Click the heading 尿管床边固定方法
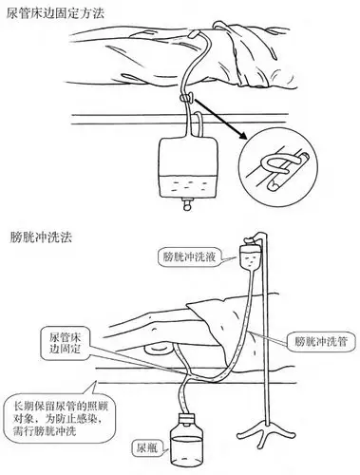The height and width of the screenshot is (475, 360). (57, 10)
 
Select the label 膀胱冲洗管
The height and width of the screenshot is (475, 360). (313, 337)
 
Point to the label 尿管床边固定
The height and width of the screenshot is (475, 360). (71, 343)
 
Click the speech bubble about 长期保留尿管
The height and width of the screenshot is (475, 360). (56, 404)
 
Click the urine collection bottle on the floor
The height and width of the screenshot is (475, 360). (184, 447)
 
